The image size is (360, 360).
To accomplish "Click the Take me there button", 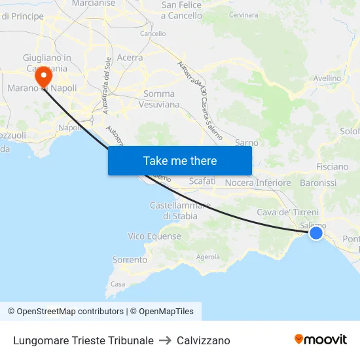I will pyautogui.click(x=180, y=160).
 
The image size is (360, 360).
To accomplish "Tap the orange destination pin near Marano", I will pyautogui.click(x=44, y=77).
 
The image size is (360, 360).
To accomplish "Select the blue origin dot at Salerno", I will pyautogui.click(x=316, y=232).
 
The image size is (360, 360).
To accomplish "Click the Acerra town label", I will pyautogui.click(x=130, y=58).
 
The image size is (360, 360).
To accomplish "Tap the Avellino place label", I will pyautogui.click(x=327, y=79).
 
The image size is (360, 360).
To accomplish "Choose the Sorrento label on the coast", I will pyautogui.click(x=130, y=260).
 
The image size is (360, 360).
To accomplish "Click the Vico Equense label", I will pyautogui.click(x=154, y=236).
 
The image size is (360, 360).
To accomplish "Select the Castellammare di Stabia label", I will pyautogui.click(x=181, y=211).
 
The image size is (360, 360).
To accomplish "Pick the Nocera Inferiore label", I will pyautogui.click(x=258, y=183).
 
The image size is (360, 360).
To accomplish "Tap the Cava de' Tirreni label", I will pyautogui.click(x=288, y=212).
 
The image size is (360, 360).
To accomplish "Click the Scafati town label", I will pyautogui.click(x=202, y=181).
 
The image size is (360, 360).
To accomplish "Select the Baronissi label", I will pyautogui.click(x=318, y=183).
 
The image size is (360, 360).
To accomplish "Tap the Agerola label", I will pyautogui.click(x=208, y=257).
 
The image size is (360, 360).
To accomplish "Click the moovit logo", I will pyautogui.click(x=321, y=340).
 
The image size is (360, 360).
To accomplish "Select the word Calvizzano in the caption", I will pyautogui.click(x=204, y=340).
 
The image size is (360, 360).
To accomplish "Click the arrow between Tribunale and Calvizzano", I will pyautogui.click(x=165, y=340).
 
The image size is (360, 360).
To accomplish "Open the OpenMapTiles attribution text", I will pyautogui.click(x=162, y=312).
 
